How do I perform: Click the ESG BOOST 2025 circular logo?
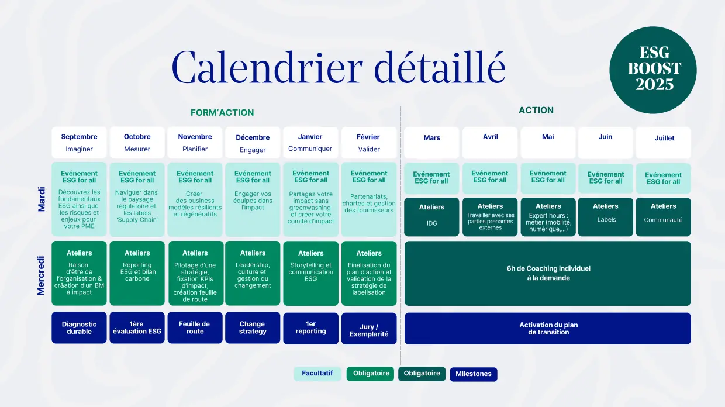[x=653, y=70]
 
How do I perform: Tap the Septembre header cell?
[x=79, y=143]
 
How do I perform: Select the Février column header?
[x=369, y=143]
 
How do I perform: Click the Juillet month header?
[x=663, y=143]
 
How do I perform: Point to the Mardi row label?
[x=42, y=199]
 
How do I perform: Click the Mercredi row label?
[x=41, y=275]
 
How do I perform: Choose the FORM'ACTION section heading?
[x=222, y=113]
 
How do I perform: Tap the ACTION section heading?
[x=536, y=111]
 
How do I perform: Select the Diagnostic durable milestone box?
[x=79, y=327]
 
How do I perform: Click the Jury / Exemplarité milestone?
[x=369, y=328]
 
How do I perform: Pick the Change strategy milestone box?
[x=253, y=327]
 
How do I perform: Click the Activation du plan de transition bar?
[x=548, y=328]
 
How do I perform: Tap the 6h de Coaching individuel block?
[x=548, y=273]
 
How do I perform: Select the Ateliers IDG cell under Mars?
[x=431, y=217]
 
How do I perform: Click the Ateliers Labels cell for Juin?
[x=605, y=217]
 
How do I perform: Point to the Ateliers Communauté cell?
[x=663, y=217]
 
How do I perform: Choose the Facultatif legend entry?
[x=317, y=374]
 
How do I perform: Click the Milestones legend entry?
[x=474, y=374]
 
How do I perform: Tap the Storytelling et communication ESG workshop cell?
[x=310, y=273]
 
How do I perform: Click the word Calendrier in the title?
[x=267, y=67]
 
